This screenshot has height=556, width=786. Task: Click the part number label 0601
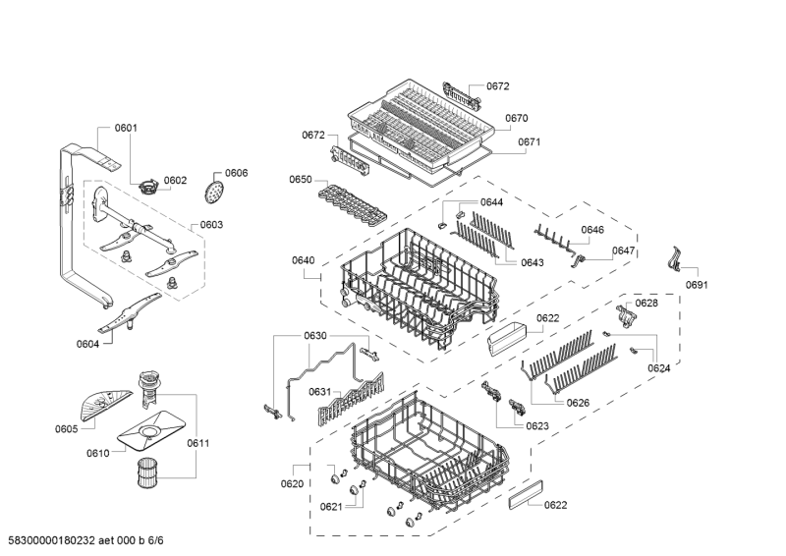tap(126, 128)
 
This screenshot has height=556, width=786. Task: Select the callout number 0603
tap(211, 225)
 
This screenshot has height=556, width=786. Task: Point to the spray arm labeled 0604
tap(130, 313)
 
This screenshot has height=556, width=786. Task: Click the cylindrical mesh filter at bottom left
tap(148, 473)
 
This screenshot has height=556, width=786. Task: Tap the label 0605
tap(66, 429)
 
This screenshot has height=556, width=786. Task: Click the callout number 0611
tap(198, 443)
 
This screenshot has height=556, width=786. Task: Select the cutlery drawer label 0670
tap(517, 118)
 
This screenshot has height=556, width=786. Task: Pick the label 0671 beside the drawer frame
tap(529, 141)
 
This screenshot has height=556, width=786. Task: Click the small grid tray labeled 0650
tap(353, 203)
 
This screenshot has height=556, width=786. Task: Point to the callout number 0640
tap(304, 260)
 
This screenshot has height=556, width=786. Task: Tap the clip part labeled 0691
tap(675, 258)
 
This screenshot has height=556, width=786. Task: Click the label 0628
tap(646, 304)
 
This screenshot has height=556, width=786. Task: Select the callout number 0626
tap(578, 403)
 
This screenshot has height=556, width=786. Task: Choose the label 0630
tap(315, 336)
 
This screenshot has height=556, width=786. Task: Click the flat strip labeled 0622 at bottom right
tap(526, 494)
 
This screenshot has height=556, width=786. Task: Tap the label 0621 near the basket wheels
tap(331, 507)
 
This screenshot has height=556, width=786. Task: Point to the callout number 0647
tap(623, 250)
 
